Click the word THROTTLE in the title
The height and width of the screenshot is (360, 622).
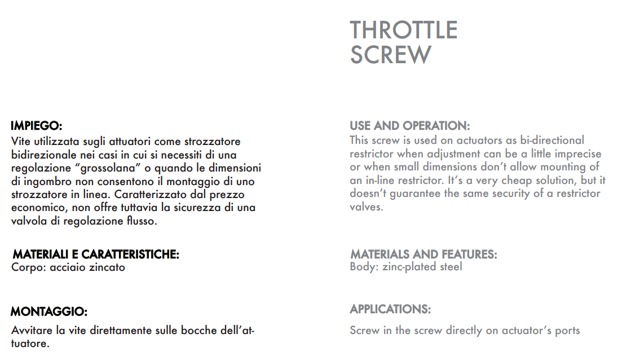click(403, 30)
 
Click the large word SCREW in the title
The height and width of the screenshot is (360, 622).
click(390, 55)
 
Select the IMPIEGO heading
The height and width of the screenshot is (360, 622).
click(36, 125)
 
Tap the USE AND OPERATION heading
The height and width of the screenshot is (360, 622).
click(409, 125)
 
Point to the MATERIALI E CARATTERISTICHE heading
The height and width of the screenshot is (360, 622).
click(96, 254)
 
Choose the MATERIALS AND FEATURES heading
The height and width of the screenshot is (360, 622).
click(424, 254)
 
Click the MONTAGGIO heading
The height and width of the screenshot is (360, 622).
click(49, 311)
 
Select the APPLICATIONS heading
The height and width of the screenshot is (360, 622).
click(390, 309)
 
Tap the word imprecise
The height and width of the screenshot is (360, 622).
click(574, 153)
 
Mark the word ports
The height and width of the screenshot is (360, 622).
click(566, 331)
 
